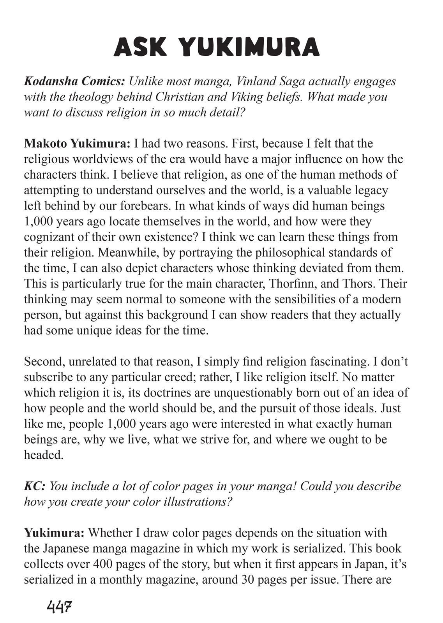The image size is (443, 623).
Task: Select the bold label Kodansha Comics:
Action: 74,81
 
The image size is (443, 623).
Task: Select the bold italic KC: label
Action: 35,486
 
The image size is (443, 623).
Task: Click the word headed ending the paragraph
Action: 43,455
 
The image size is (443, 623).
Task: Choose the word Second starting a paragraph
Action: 44,361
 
